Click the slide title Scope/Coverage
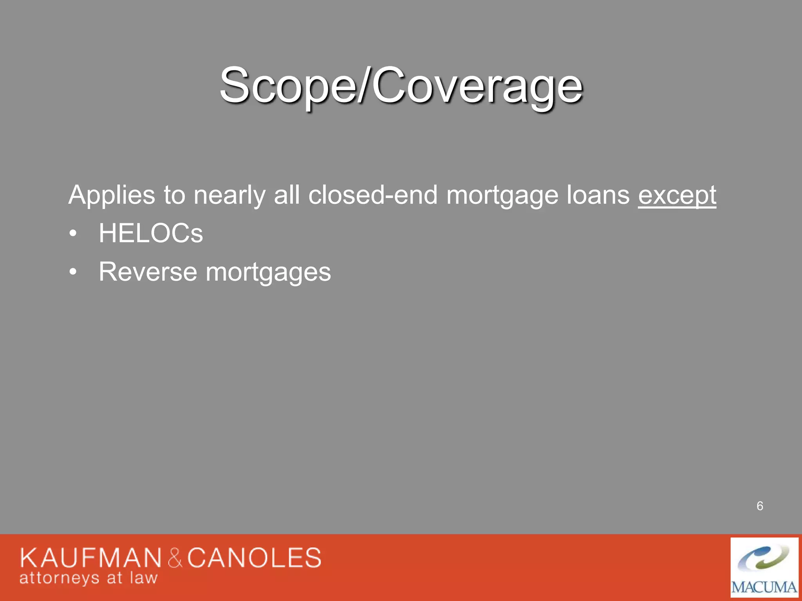coord(401,85)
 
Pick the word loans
coord(598,195)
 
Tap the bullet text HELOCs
coord(151,233)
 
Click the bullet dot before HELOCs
coord(73,234)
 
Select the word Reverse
coord(148,272)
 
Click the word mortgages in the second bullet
coord(268,272)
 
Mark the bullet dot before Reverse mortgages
coord(73,272)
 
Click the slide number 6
coord(760,506)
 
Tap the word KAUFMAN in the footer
coord(90,558)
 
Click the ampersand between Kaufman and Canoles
coord(175,558)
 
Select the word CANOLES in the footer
coord(254,558)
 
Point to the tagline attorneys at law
coord(89,578)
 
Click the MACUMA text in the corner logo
coord(764,587)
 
